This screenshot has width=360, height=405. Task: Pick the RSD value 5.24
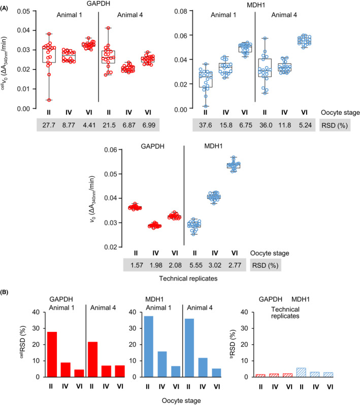click(x=305, y=124)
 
